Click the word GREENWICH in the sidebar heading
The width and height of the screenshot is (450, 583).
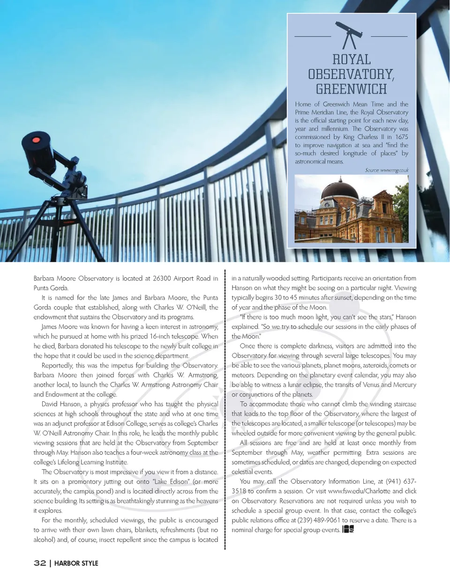coord(351,89)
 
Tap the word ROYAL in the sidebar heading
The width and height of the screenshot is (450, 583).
coord(351,59)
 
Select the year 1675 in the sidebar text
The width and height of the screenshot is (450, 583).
coord(401,137)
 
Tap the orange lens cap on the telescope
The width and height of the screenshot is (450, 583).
coord(36,140)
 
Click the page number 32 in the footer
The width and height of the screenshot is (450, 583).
coord(40,563)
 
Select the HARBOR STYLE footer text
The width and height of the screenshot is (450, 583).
coord(76,563)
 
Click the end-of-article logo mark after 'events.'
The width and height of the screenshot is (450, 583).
coord(348,529)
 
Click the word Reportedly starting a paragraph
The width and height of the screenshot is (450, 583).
coord(57,365)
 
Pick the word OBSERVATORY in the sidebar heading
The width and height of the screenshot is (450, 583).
coord(351,74)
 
